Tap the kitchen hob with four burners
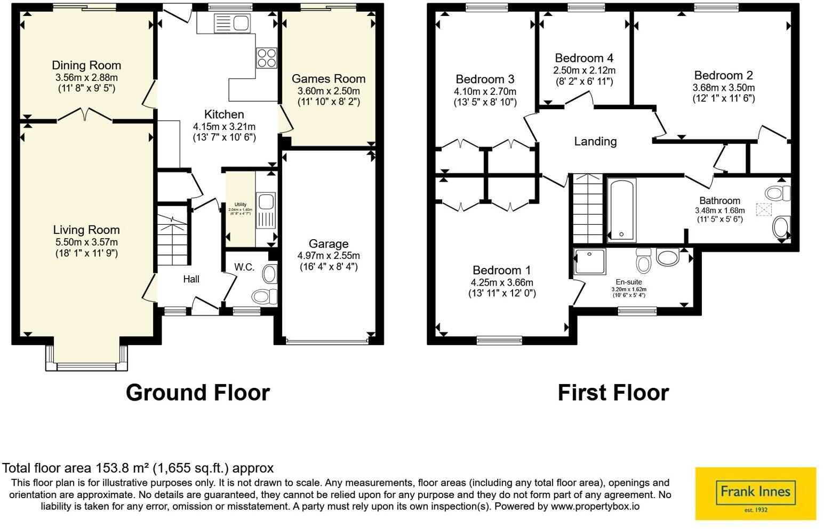[267, 58]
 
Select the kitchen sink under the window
[231, 23]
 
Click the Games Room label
[329, 79]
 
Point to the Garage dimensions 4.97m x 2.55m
[329, 256]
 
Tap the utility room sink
[265, 202]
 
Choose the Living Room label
[86, 230]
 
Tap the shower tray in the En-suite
[590, 262]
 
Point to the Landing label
[595, 141]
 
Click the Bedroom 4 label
[584, 58]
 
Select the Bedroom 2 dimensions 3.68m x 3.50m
[723, 87]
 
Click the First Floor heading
[613, 393]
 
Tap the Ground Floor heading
[197, 393]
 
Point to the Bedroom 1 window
[499, 340]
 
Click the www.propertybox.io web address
[595, 507]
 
